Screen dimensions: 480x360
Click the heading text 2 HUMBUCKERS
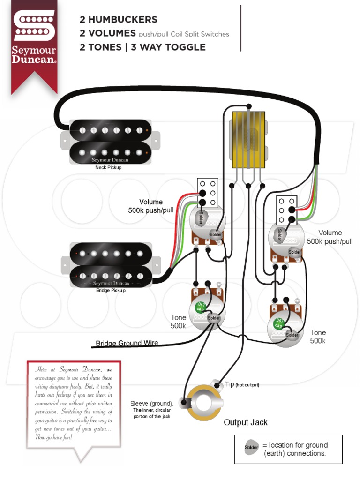coord(119,20)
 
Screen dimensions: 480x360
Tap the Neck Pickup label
coord(108,167)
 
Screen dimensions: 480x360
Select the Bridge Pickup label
coord(111,290)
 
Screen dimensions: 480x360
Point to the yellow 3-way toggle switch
coord(247,139)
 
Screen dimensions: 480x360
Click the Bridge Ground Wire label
coord(127,343)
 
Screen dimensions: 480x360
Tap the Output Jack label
coord(245,422)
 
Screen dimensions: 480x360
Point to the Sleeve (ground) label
coord(151,404)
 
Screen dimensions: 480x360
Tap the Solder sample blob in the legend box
coord(251,448)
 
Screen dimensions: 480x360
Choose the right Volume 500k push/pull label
coord(330,237)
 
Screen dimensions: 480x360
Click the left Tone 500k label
coord(178,322)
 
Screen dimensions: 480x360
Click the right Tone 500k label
coord(318,337)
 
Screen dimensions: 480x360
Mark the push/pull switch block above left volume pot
coord(208,193)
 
